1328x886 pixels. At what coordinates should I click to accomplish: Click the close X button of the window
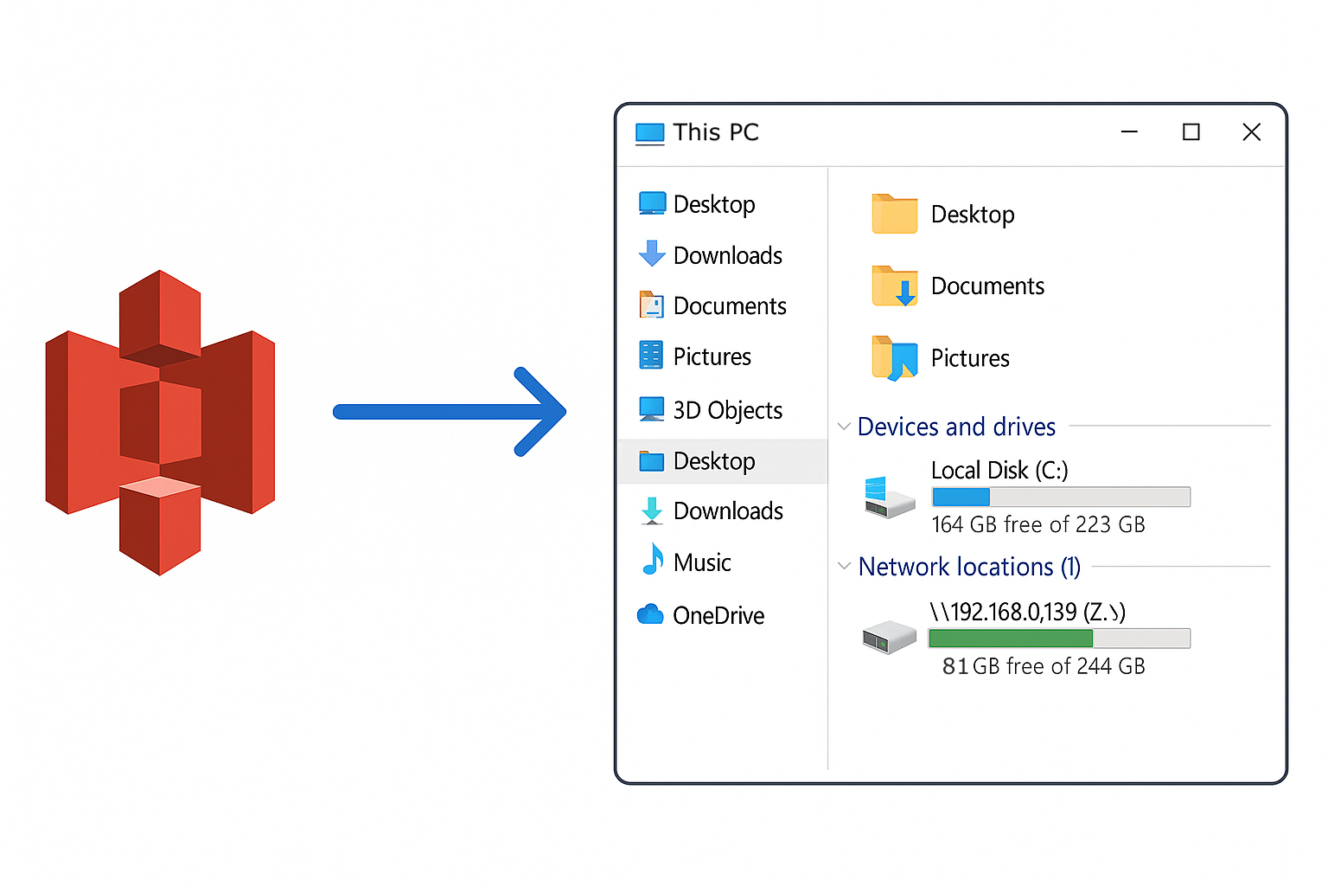1251,132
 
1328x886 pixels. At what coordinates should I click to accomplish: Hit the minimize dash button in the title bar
1129,132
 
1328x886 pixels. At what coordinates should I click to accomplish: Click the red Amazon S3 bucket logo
160,422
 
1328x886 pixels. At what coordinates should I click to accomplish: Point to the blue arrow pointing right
450,412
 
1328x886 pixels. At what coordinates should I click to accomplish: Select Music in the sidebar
701,563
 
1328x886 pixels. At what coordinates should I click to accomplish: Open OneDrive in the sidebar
718,615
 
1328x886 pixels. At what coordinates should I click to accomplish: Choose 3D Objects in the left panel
727,410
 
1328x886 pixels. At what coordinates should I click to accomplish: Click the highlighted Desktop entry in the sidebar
713,461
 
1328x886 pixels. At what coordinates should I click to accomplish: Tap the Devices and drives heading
956,427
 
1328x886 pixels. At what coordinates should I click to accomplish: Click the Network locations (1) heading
969,567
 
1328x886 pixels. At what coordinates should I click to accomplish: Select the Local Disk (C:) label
999,470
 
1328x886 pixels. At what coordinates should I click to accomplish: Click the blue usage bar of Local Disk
961,497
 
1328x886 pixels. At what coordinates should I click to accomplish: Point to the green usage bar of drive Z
1010,639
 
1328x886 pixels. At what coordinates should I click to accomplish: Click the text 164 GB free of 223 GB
1037,524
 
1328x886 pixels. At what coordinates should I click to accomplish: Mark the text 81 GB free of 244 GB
1044,666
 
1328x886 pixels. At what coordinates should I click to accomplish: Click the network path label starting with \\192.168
1027,612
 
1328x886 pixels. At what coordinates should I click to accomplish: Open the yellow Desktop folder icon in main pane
894,214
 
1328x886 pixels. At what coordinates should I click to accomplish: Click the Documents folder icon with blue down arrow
894,286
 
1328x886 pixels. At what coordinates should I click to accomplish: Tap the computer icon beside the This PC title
649,133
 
